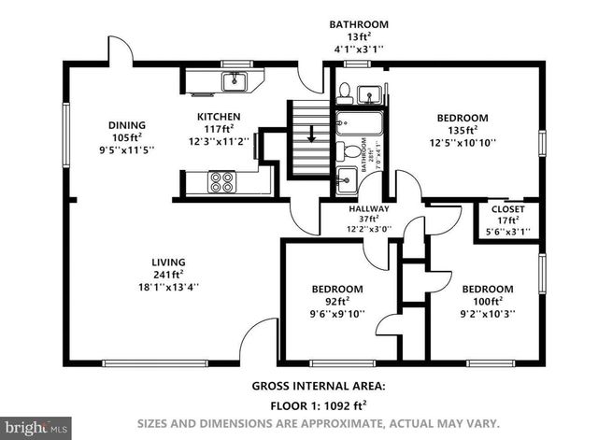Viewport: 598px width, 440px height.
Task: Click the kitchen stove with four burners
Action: tap(221, 180)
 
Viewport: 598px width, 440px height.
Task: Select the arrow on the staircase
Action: tap(312, 134)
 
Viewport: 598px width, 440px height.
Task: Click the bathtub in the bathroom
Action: tap(359, 123)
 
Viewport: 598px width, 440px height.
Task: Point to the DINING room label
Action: tap(126, 124)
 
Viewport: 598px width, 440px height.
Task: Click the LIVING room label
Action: tap(169, 262)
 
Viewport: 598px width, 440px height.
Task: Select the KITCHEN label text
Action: tap(218, 117)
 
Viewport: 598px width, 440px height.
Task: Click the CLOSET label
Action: tap(508, 208)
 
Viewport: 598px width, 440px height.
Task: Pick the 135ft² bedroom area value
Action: tap(463, 131)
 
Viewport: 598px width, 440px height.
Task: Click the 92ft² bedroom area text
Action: tap(337, 302)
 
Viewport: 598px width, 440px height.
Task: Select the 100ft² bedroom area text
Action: tap(487, 302)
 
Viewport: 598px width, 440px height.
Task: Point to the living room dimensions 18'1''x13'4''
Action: tap(169, 288)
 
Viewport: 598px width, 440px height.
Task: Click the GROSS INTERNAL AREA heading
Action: tap(318, 386)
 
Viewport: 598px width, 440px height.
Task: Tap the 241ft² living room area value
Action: tap(169, 275)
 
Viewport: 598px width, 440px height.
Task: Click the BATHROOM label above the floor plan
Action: tap(358, 24)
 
